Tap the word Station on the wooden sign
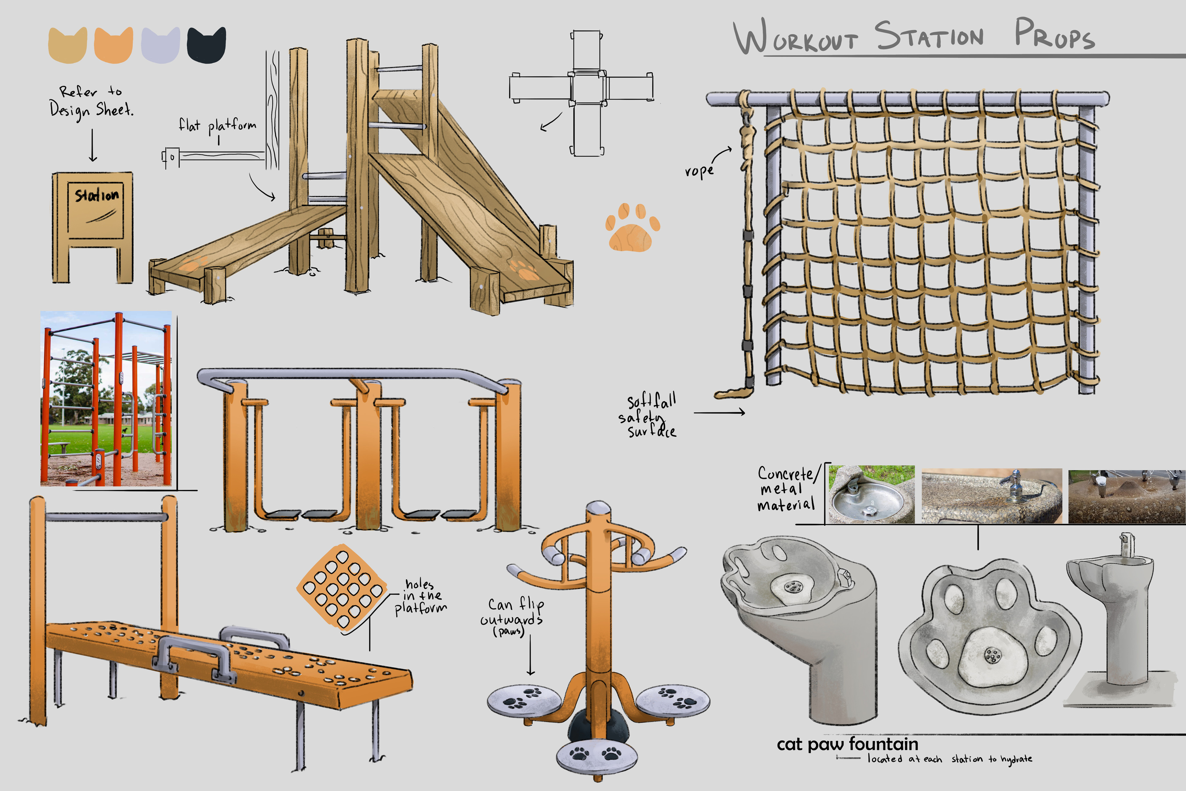[x=96, y=195]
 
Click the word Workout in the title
[x=796, y=38]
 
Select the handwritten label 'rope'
[x=699, y=171]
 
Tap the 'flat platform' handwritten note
[x=217, y=125]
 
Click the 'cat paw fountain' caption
[x=847, y=744]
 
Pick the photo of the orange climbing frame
[x=106, y=399]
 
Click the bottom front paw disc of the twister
[x=595, y=755]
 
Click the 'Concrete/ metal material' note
[x=786, y=488]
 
